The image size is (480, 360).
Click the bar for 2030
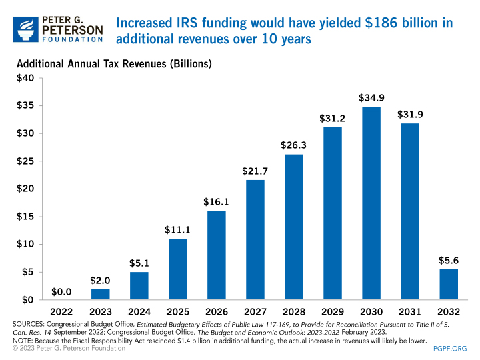point(371,203)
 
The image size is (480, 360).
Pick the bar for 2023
point(100,294)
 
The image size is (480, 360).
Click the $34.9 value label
point(371,98)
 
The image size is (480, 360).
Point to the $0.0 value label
point(61,291)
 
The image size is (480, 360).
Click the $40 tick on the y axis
point(25,79)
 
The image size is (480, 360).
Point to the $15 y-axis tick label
point(25,216)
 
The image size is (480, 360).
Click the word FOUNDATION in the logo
point(73,39)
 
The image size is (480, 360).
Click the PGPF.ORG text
point(449,347)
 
